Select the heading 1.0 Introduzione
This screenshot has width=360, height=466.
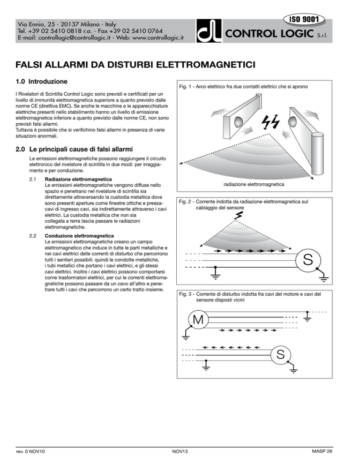coord(45,82)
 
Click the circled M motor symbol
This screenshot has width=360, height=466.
coord(198,321)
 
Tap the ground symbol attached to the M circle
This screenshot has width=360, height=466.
coord(186,336)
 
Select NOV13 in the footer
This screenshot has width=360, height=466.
coord(180,452)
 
